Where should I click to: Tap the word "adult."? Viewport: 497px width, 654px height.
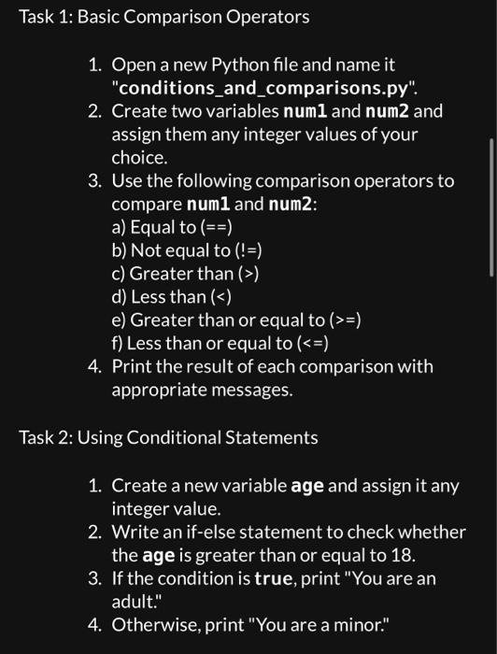(x=135, y=602)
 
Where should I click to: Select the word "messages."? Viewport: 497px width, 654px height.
(x=202, y=390)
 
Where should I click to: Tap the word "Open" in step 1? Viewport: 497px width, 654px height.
(x=134, y=65)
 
